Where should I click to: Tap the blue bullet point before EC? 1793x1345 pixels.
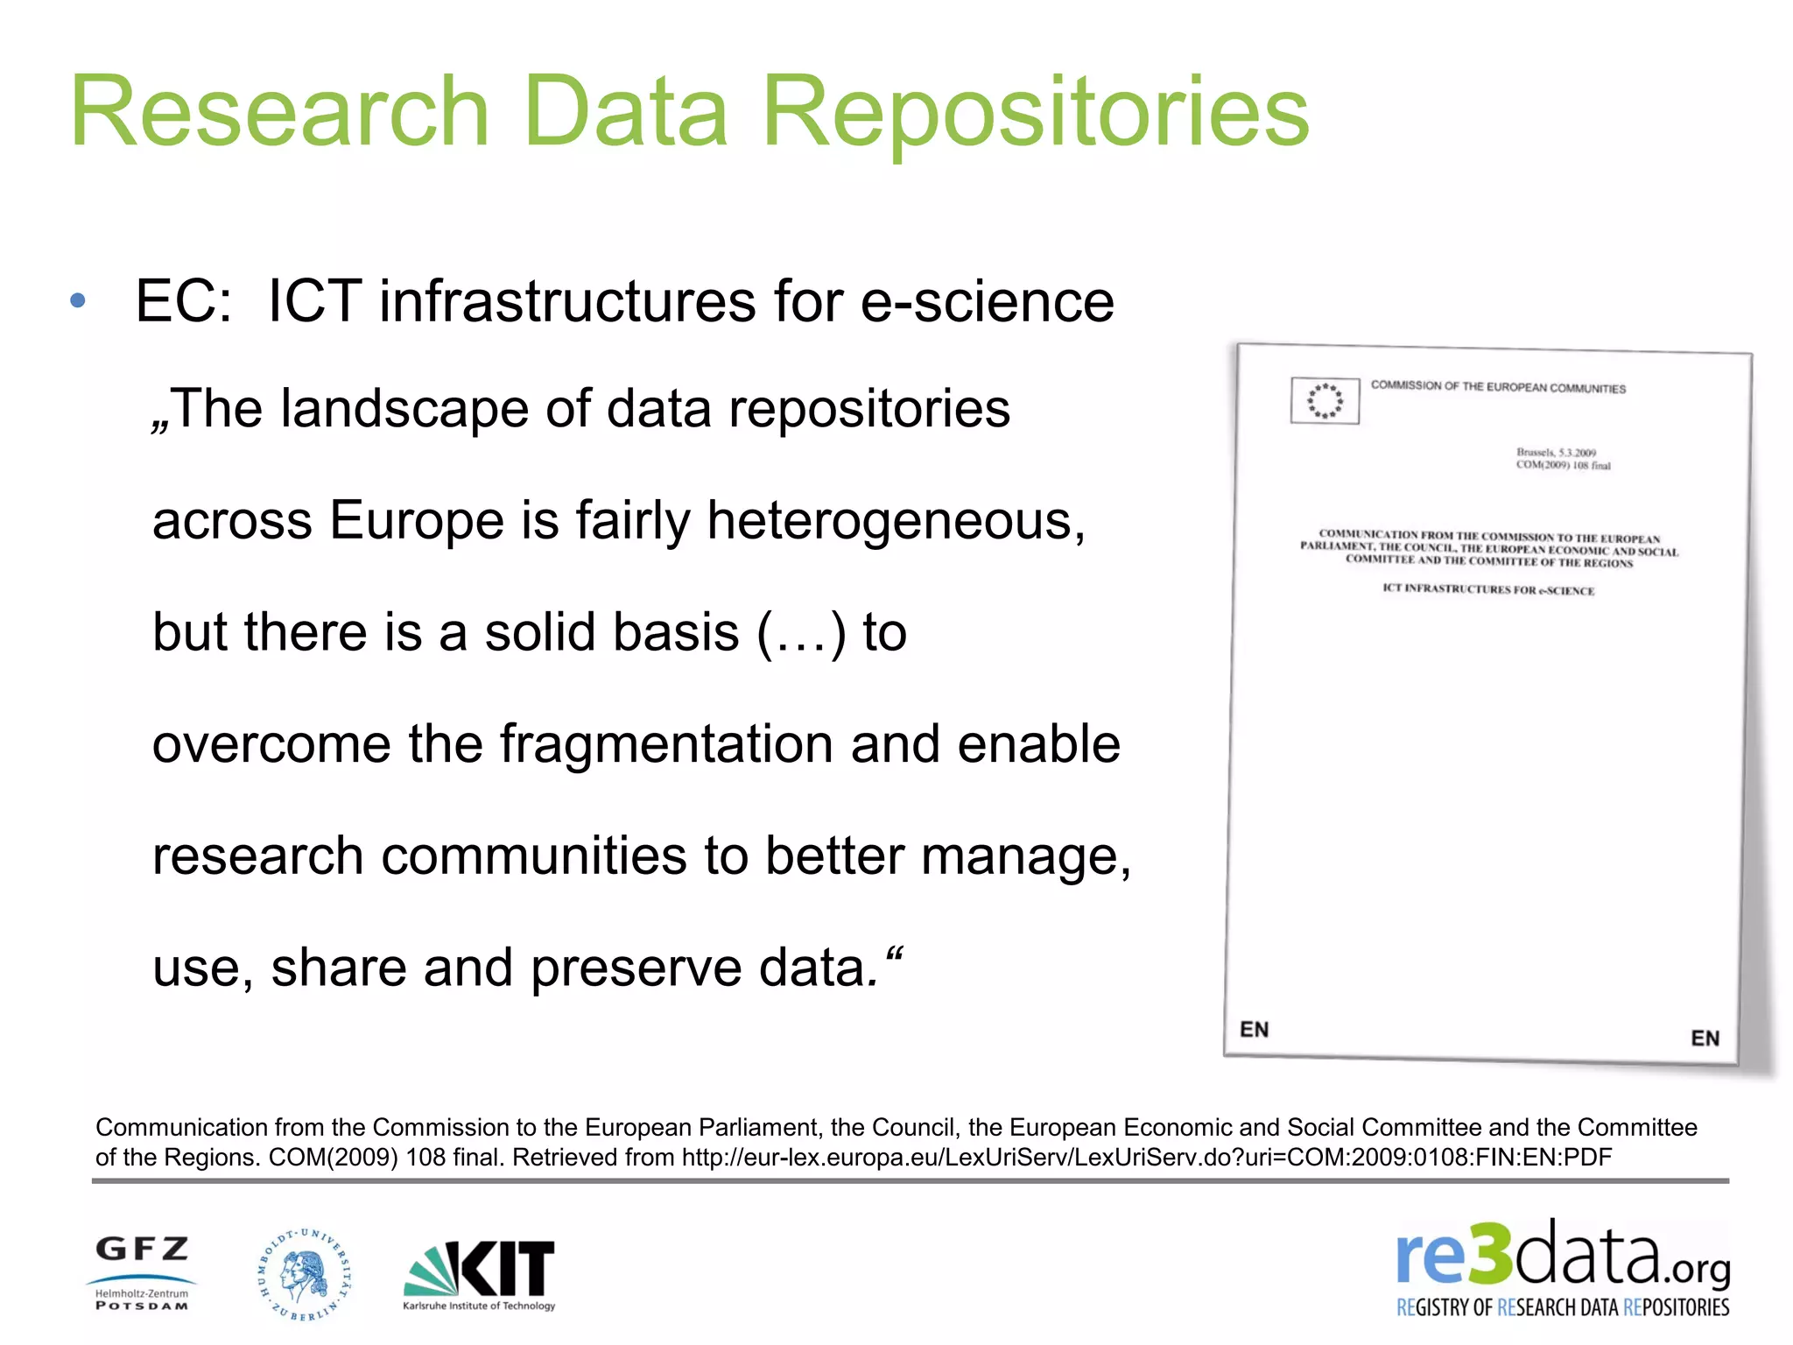78,301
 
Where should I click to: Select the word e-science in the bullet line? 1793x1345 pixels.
987,301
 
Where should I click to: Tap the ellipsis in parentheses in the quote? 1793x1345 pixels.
801,634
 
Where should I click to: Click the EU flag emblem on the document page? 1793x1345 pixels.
1325,401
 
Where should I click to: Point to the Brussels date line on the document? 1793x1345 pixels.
1556,453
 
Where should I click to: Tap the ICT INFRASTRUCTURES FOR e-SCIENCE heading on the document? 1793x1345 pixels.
1488,589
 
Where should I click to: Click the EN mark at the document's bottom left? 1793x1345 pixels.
1254,1029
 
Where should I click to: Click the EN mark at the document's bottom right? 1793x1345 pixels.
1705,1039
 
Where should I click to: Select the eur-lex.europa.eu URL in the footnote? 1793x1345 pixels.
1146,1158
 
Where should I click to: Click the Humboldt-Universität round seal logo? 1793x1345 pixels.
304,1273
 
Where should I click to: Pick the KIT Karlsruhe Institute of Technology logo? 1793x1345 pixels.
479,1274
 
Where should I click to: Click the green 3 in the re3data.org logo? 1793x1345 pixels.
1489,1255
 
